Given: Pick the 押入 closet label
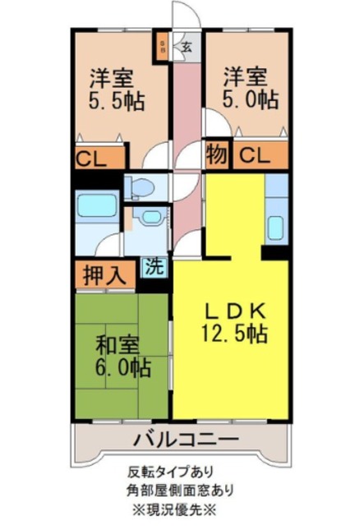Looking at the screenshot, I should [x=104, y=275].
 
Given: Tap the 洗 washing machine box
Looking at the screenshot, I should [x=155, y=266].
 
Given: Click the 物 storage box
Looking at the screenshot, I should [x=216, y=154].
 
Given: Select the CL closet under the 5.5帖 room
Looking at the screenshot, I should [x=97, y=157].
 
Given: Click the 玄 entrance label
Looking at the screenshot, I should [x=187, y=46].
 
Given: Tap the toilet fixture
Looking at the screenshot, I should [x=142, y=187].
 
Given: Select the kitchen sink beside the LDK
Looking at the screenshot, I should [x=276, y=226].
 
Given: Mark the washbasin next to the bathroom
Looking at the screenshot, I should [x=150, y=217].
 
